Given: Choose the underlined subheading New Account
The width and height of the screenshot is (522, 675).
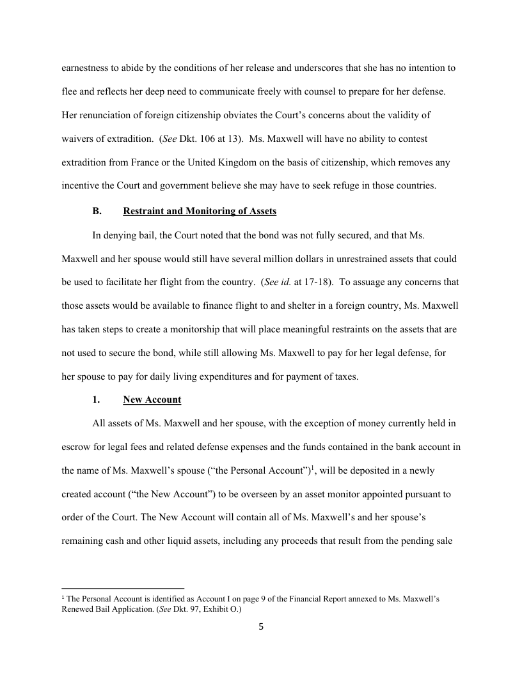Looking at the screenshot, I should [x=152, y=400].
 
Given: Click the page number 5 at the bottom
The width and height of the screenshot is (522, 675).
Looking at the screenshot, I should [x=261, y=627].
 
